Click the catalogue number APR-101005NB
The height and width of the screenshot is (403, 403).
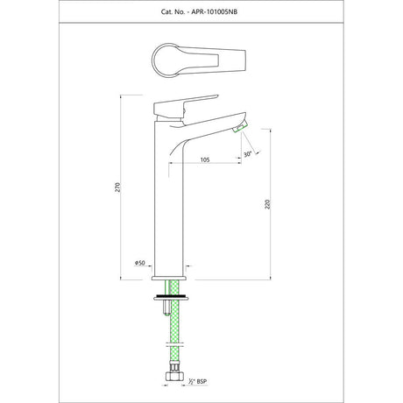214,11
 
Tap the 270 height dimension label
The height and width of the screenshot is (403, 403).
117,187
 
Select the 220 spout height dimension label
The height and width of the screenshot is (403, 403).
267,204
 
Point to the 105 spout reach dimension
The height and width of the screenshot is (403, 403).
205,159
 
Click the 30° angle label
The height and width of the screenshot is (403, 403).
247,154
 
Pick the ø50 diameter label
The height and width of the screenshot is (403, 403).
140,263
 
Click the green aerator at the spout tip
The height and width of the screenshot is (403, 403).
240,128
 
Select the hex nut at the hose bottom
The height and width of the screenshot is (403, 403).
173,376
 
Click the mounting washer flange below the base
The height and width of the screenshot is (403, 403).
171,297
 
